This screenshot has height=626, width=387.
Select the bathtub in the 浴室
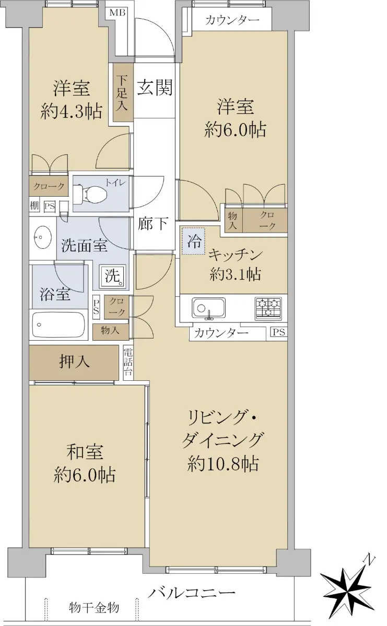tap(58, 324)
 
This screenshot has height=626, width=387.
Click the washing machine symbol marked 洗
tap(113, 276)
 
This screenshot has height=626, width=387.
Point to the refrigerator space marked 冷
tap(193, 241)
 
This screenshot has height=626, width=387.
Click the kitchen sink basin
tap(208, 307)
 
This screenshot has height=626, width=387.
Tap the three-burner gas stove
tap(268, 308)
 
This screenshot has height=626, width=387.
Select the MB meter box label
tap(118, 13)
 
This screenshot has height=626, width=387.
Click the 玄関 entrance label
tap(155, 88)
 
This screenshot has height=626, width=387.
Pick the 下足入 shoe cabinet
tap(123, 92)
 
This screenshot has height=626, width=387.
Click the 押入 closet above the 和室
tap(74, 362)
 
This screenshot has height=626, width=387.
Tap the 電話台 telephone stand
tap(128, 363)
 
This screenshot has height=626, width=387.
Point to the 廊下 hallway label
tap(153, 224)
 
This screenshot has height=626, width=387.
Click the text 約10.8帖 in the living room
tap(223, 464)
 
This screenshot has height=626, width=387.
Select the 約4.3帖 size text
tap(71, 112)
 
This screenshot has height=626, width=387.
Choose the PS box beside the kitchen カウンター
tap(279, 332)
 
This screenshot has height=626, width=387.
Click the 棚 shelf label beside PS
tap(34, 206)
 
